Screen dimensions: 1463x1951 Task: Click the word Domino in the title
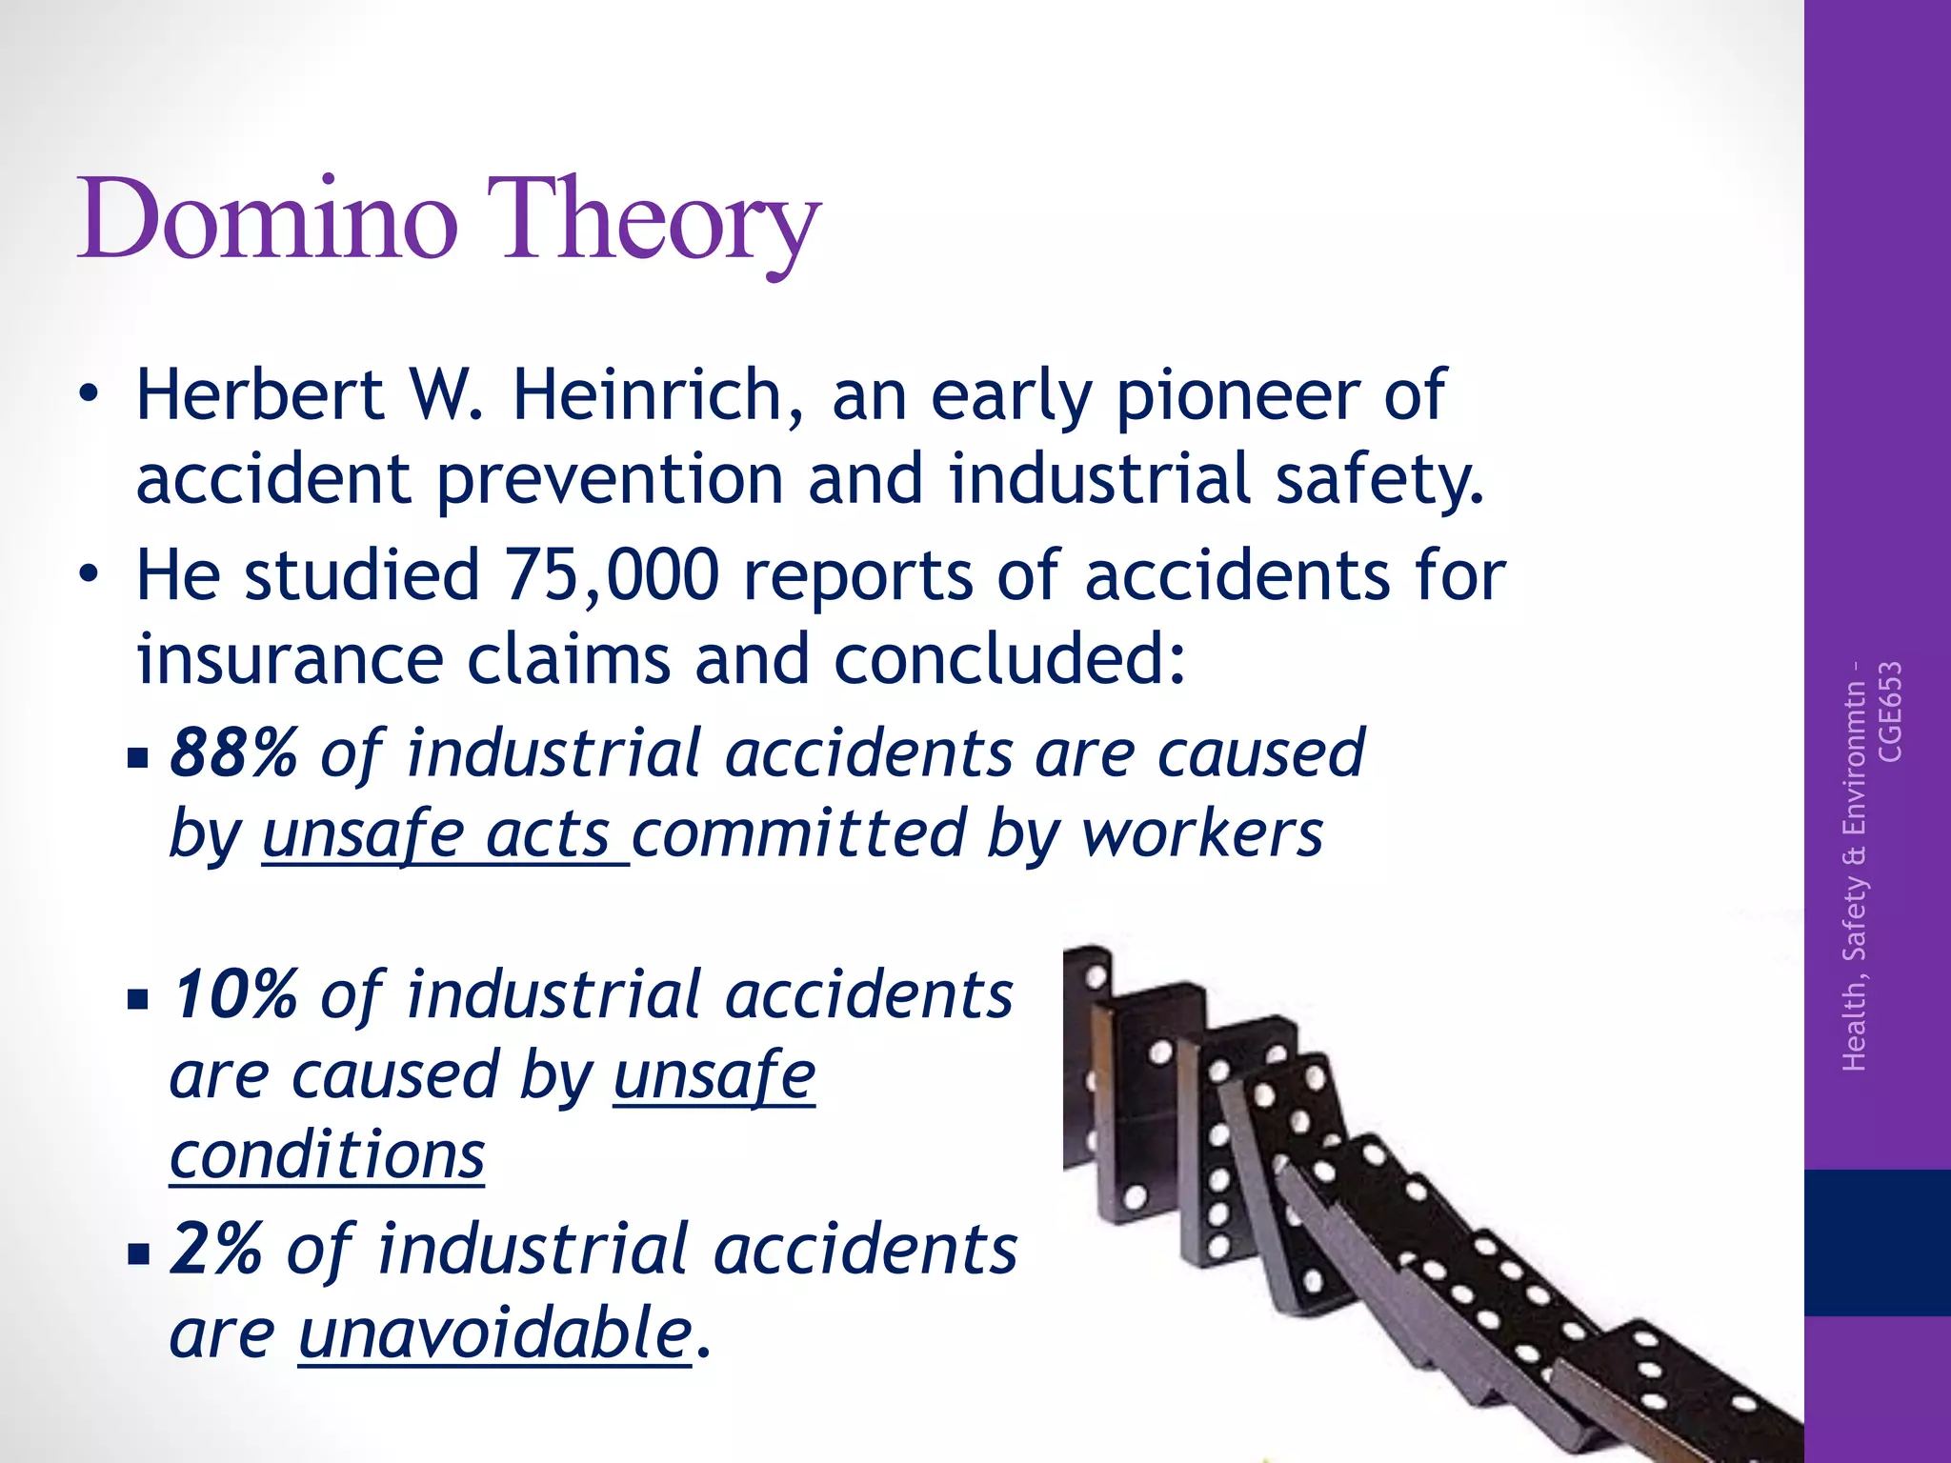coord(268,221)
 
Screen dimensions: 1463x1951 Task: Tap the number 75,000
coord(611,575)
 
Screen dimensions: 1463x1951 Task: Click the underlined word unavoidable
coord(494,1333)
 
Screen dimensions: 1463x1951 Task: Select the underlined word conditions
coord(327,1155)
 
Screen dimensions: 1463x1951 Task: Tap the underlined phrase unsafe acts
coord(444,835)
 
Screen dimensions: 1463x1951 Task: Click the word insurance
coord(290,660)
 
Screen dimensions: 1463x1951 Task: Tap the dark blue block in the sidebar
coord(1877,1242)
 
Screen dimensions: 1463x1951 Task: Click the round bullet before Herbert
coord(89,395)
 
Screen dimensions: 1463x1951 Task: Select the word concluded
coord(1010,660)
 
